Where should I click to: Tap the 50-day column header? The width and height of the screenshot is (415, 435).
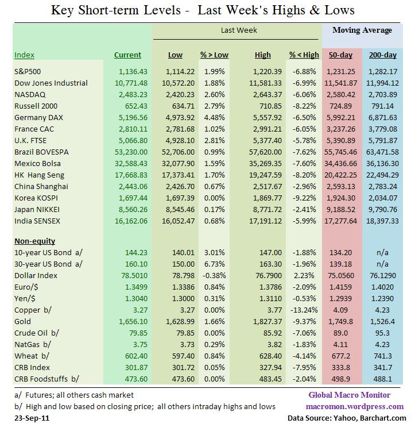pos(340,55)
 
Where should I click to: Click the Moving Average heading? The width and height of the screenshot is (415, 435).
pos(362,30)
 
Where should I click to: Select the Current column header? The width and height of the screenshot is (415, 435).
pos(127,55)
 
